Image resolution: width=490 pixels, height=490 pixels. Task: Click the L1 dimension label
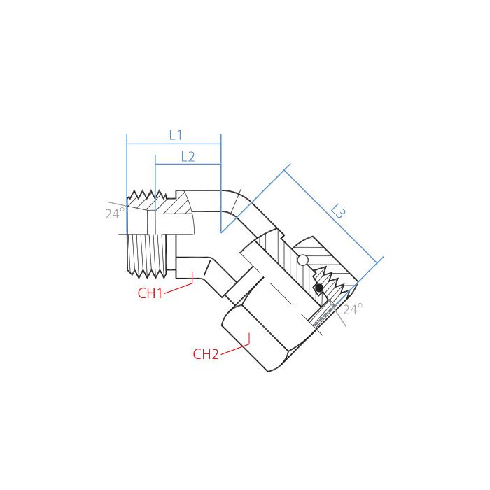(176, 134)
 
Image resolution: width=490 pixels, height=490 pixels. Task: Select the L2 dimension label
(188, 157)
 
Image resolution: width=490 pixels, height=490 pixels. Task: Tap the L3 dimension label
(338, 211)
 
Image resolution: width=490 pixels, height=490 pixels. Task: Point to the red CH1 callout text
(150, 293)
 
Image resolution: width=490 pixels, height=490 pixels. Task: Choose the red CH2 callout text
(206, 354)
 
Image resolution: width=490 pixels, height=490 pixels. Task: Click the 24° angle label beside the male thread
(115, 213)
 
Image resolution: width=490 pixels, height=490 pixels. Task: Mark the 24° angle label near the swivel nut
(353, 309)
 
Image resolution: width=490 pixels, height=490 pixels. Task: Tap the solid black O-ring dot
(318, 288)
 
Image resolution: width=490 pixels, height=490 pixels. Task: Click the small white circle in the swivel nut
(303, 261)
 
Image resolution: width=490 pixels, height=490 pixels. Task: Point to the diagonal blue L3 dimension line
(335, 214)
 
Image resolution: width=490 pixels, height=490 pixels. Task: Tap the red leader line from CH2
(234, 348)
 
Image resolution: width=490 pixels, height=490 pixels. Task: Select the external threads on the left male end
(140, 252)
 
